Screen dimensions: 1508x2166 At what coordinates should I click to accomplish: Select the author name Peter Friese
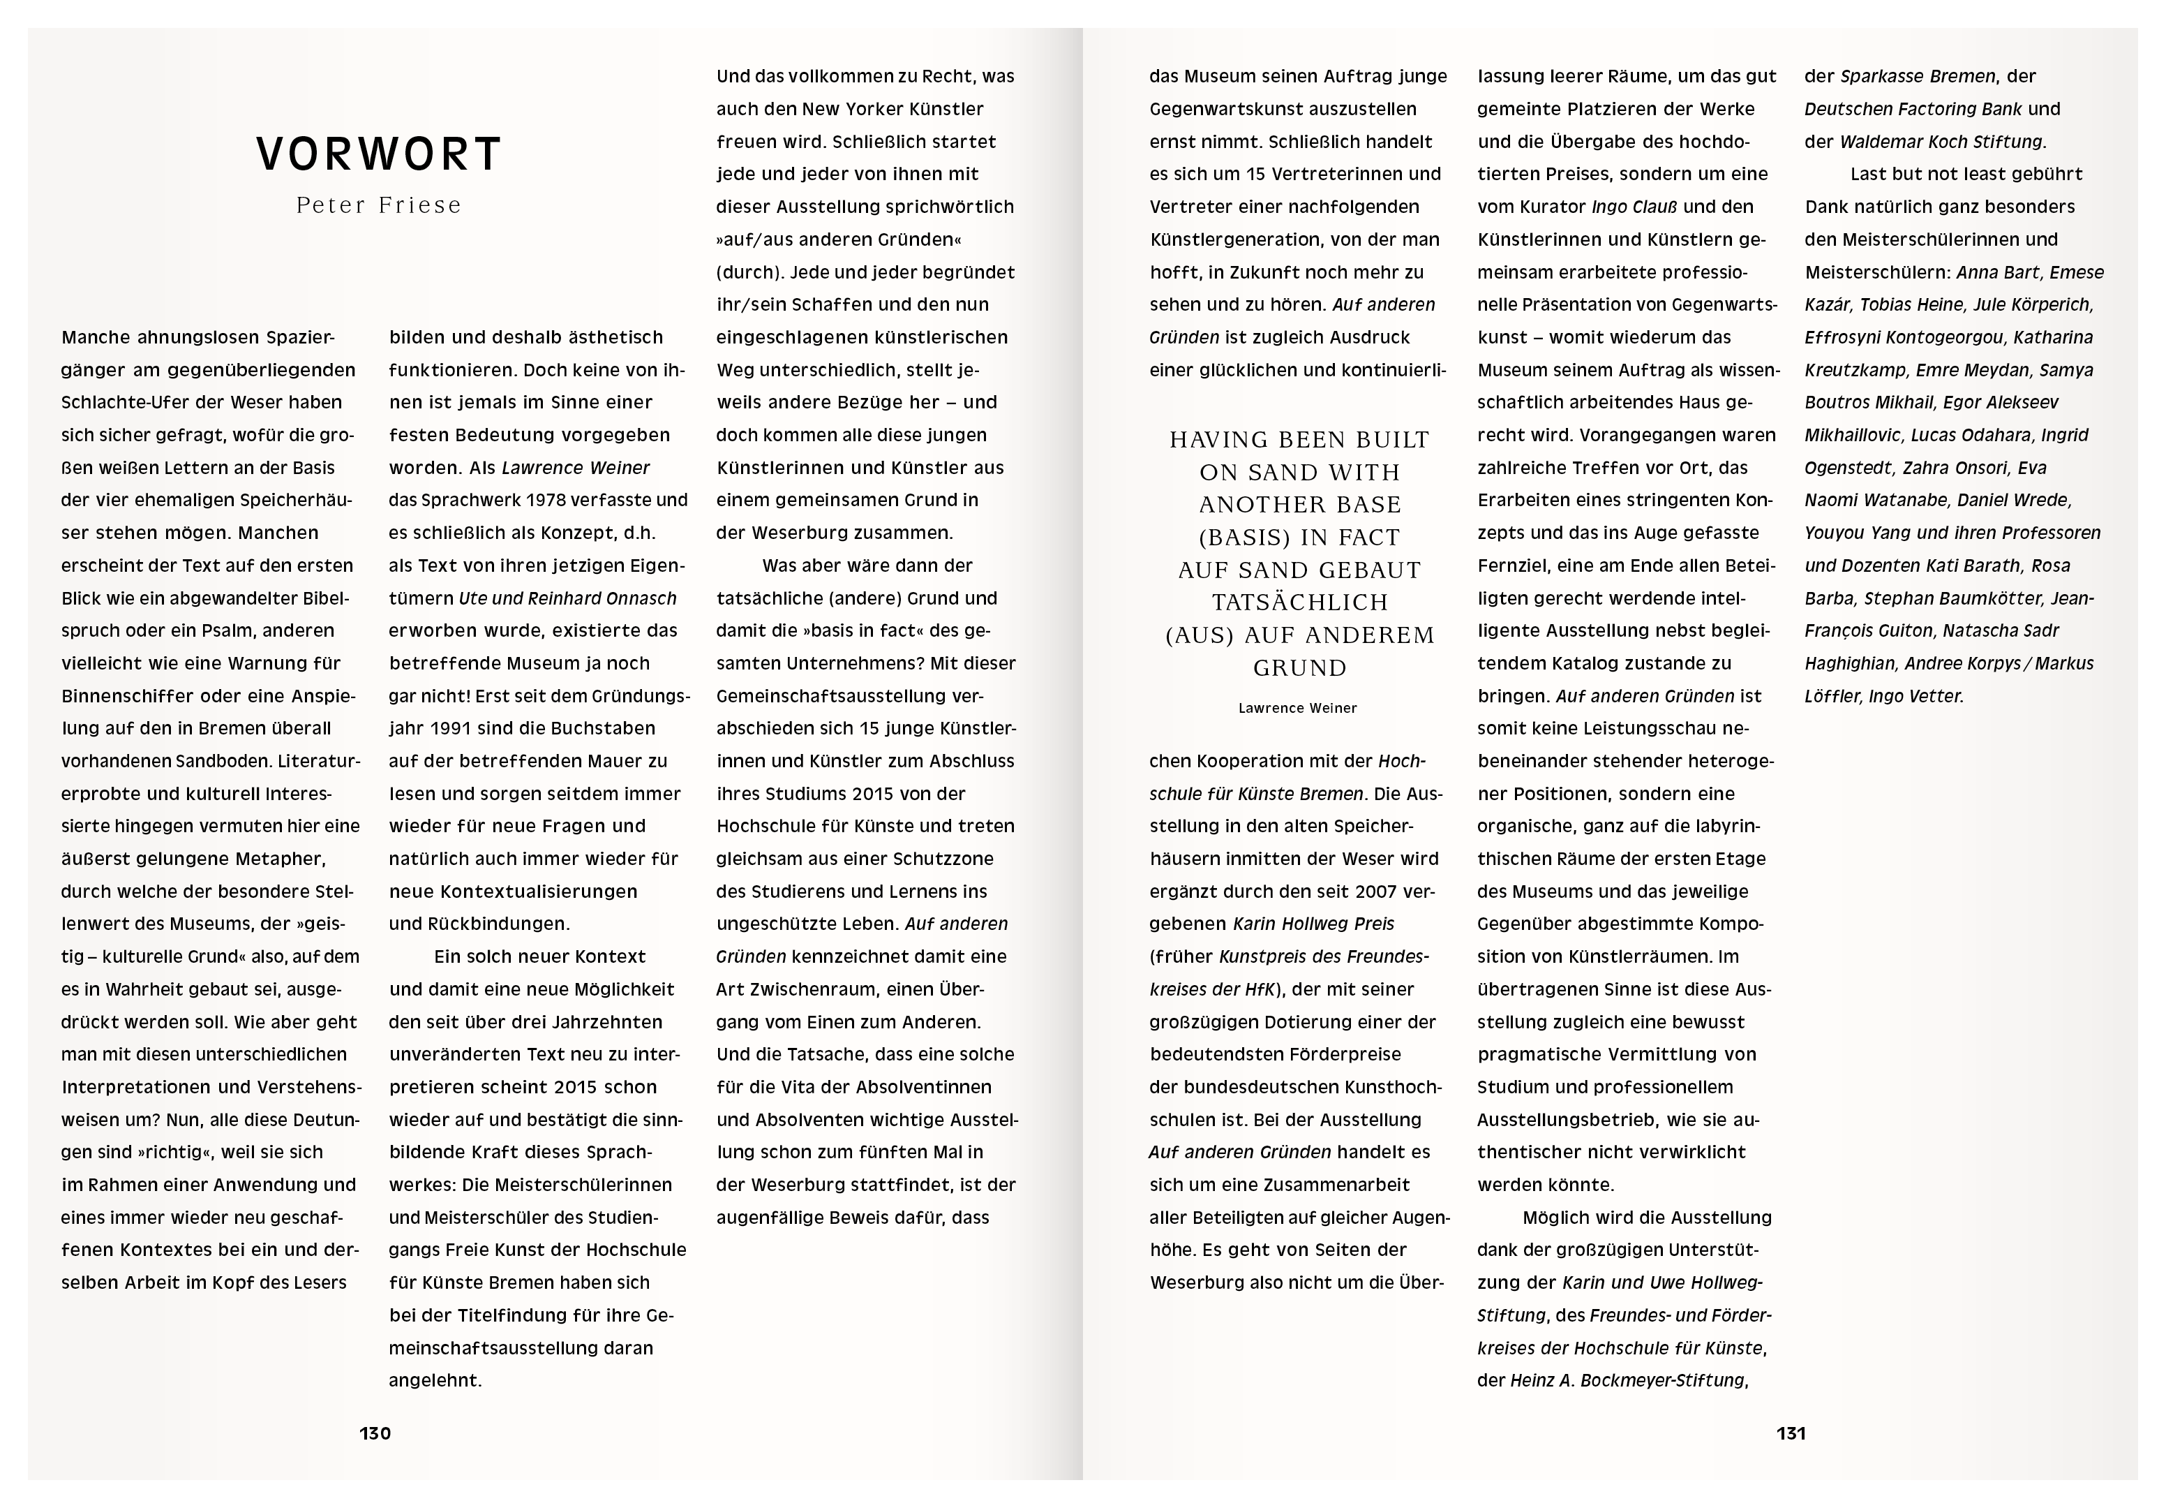[378, 206]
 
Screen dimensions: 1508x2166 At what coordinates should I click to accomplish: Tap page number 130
[375, 1433]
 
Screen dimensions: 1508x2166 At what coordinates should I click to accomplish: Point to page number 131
[1791, 1433]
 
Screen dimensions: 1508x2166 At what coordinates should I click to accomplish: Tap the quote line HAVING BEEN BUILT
[1299, 440]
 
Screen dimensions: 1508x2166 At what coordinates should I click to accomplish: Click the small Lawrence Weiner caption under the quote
[1297, 708]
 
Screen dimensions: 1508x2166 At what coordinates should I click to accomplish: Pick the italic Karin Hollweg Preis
[1313, 924]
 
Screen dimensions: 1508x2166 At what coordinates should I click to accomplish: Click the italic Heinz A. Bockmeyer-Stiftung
[1628, 1381]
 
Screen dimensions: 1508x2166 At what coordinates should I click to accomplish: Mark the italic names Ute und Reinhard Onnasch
[568, 598]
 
